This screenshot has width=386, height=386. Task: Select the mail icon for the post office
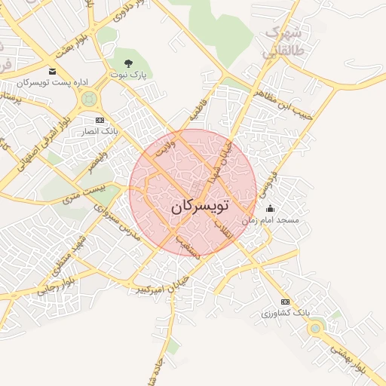tap(52, 71)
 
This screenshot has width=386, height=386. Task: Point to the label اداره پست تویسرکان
tap(52, 81)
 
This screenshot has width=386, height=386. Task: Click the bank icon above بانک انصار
tap(100, 121)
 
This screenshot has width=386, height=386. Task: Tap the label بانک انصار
tap(100, 131)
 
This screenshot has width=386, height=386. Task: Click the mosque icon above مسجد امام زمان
tap(271, 209)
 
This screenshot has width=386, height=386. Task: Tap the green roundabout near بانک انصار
tap(90, 98)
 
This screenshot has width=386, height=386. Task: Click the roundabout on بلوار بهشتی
tap(315, 327)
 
